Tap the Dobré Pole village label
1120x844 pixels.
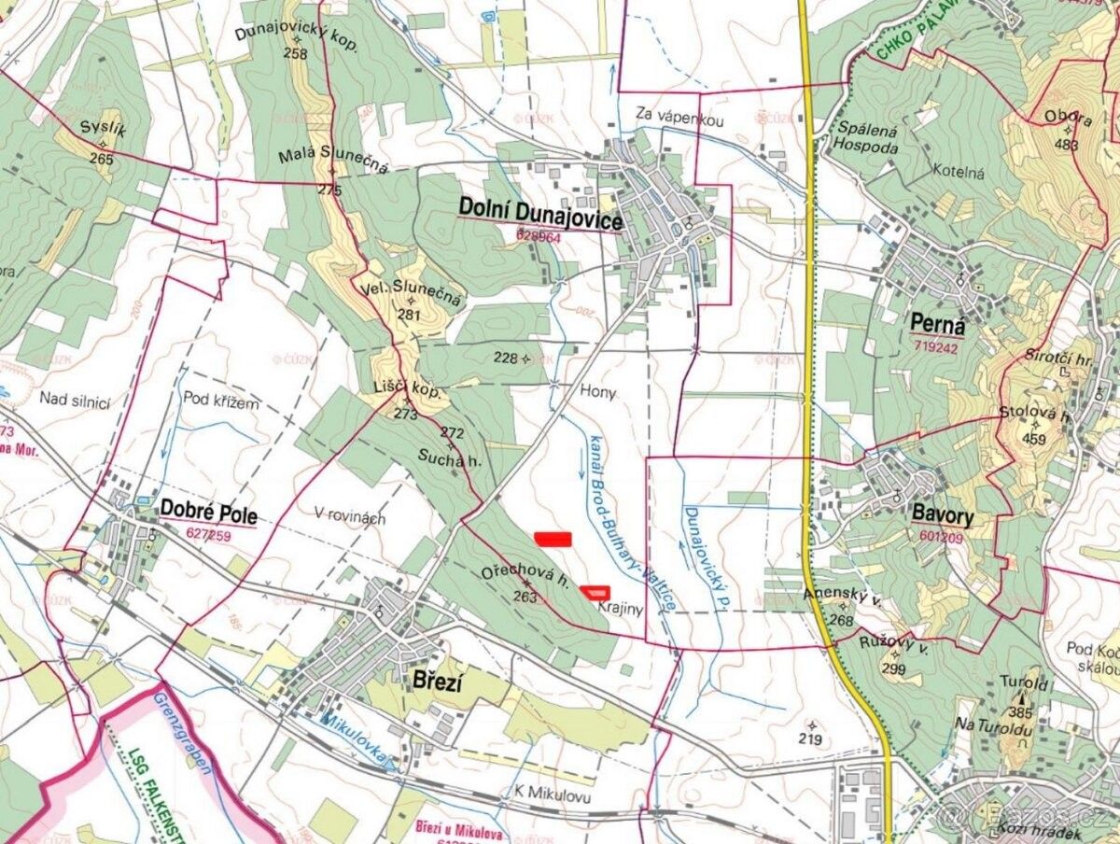tap(208, 512)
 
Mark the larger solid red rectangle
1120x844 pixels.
tap(553, 538)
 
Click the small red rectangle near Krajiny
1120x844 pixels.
tap(595, 590)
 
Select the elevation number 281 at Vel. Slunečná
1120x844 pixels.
tap(409, 315)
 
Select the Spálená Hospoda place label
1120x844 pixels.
tap(867, 139)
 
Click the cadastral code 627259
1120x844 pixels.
tap(209, 535)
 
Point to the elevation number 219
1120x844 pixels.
tap(810, 740)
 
